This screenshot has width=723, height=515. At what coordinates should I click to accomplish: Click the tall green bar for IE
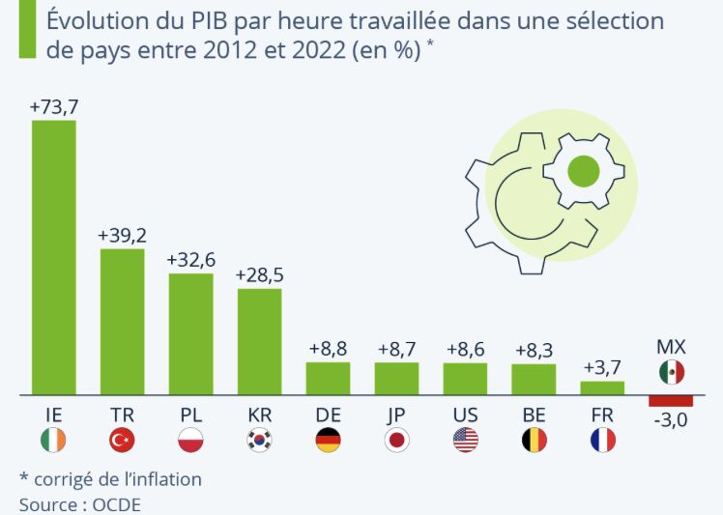click(x=54, y=257)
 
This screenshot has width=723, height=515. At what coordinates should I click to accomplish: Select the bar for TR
click(x=123, y=322)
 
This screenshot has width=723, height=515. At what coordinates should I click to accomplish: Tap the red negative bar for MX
click(x=671, y=401)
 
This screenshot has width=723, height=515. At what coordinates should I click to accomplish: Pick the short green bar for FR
click(x=602, y=387)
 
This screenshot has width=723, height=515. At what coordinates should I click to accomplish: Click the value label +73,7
click(x=53, y=107)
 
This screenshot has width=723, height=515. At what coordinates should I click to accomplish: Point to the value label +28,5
click(x=259, y=275)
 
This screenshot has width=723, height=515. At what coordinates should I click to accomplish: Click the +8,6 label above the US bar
click(x=465, y=349)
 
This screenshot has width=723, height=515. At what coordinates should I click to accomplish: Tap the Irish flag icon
click(x=54, y=441)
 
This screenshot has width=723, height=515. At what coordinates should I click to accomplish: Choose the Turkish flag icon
click(x=123, y=441)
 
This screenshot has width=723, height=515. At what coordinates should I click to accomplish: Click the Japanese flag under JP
click(x=396, y=441)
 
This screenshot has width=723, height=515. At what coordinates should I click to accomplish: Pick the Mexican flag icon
click(x=672, y=372)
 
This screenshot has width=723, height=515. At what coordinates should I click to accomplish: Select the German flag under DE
click(x=328, y=441)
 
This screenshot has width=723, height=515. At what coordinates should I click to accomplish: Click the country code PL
click(x=191, y=415)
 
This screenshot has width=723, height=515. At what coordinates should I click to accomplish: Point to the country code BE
click(x=534, y=415)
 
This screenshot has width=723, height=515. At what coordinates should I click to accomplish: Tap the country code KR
click(x=259, y=415)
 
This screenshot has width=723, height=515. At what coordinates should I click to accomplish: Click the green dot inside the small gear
click(x=582, y=172)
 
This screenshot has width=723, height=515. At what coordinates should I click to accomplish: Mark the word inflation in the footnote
click(x=164, y=479)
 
